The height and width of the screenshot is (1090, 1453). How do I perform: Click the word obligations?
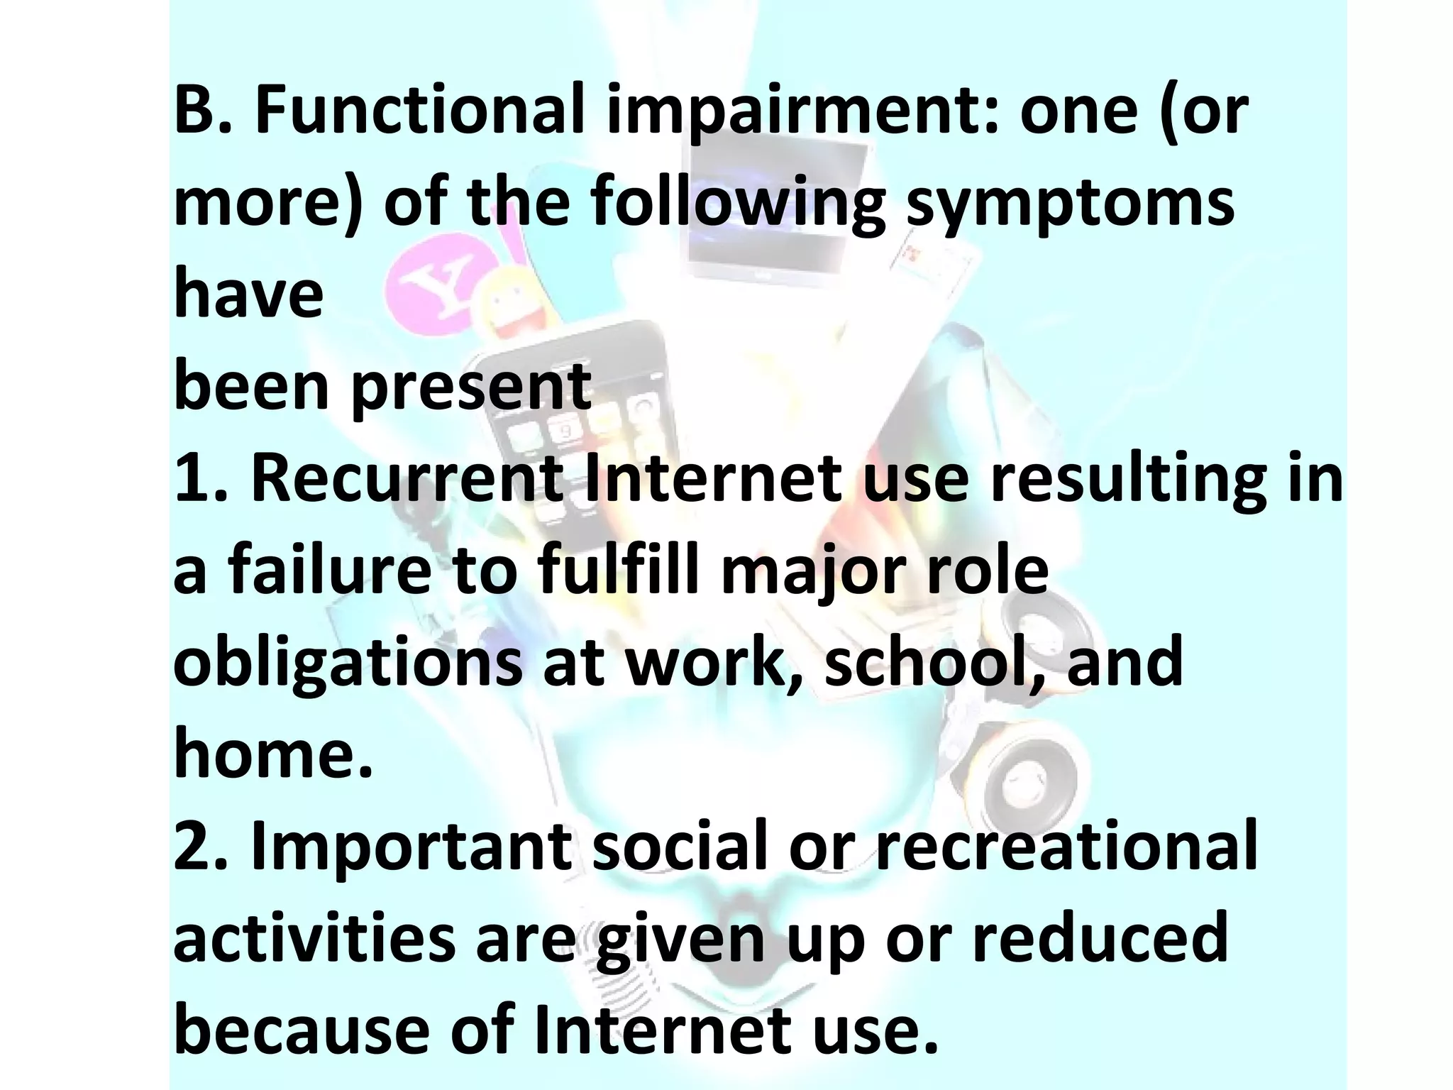point(348,663)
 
